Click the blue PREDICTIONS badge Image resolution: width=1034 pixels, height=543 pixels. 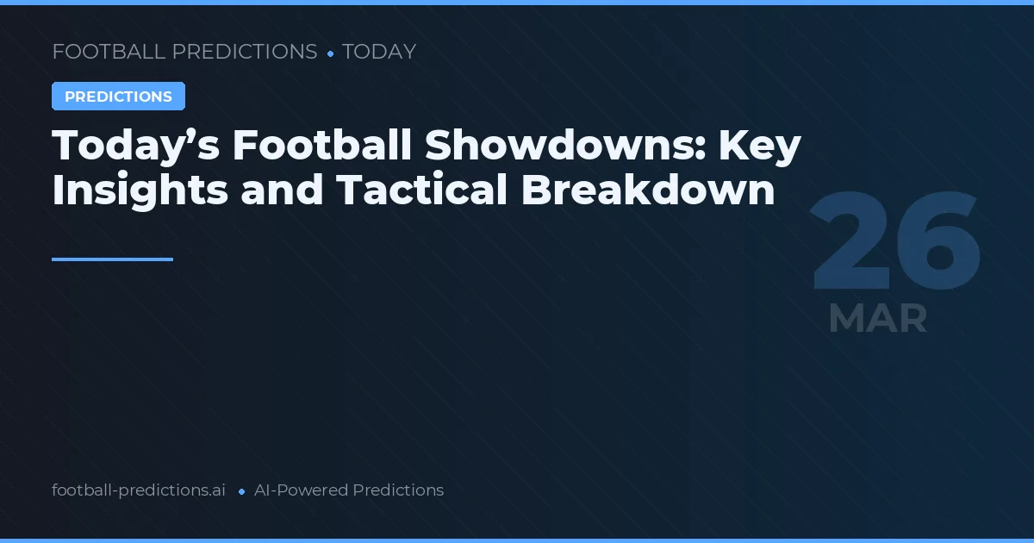118,97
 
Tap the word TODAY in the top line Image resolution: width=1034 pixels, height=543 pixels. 379,52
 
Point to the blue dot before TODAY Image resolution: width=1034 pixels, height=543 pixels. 330,53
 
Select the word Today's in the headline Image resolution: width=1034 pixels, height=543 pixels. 134,147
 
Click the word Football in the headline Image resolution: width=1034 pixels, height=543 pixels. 321,147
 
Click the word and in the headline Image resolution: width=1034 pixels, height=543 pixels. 283,190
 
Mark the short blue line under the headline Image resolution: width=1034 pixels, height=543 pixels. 112,259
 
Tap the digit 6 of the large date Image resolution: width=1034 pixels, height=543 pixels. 937,242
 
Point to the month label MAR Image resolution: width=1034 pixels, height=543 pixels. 877,319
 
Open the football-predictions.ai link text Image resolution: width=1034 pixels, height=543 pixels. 139,490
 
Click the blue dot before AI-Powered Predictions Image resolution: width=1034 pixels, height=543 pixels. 241,491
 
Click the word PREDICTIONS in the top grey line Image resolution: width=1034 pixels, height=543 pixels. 245,52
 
